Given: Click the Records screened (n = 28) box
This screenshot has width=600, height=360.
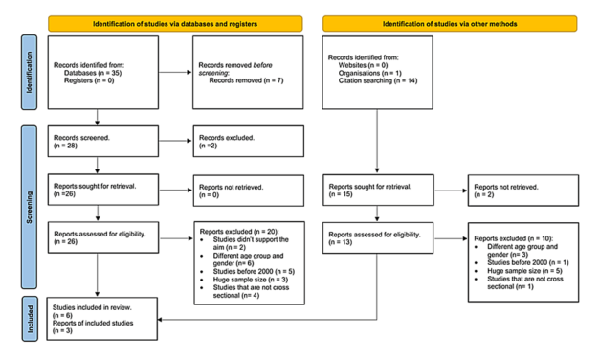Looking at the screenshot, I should pyautogui.click(x=101, y=144).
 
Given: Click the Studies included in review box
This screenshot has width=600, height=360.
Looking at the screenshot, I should pyautogui.click(x=101, y=318).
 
